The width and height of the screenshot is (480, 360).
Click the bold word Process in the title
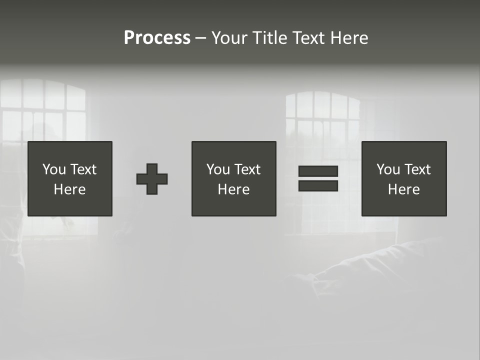point(157,38)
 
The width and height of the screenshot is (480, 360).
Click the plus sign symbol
point(152,178)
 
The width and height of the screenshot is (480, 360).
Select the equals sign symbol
point(318,178)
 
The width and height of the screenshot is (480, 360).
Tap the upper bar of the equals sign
point(318,171)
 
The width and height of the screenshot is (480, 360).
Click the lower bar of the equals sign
point(318,185)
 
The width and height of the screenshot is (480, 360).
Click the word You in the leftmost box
point(54,169)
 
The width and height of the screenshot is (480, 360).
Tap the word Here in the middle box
point(233,189)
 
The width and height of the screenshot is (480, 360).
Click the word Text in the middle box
point(247,169)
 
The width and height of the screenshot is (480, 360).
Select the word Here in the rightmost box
point(403,189)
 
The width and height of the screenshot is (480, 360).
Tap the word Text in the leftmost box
point(83,169)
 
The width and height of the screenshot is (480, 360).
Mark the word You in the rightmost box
point(388,169)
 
